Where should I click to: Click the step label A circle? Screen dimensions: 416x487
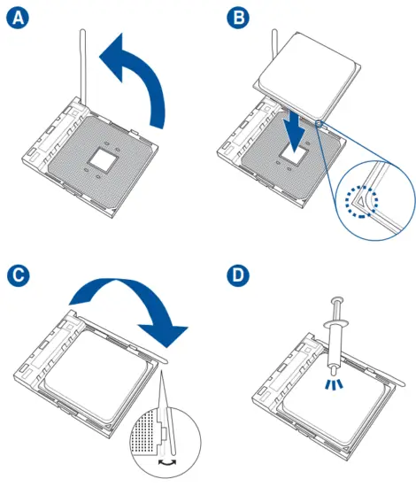point(18,18)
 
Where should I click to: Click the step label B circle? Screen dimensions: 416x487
point(238,18)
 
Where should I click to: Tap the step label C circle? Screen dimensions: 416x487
point(19,275)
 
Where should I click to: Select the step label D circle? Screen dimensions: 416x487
point(238,275)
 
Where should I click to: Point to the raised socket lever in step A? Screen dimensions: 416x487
point(83,66)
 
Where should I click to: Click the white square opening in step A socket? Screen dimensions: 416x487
point(102,158)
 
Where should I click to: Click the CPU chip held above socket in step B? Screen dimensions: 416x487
point(307,77)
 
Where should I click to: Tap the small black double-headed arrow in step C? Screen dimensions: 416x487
point(167,462)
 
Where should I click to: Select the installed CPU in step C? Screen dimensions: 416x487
point(96,375)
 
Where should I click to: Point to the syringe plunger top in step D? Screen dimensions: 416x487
point(337,300)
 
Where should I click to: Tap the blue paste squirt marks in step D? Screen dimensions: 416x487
point(334,384)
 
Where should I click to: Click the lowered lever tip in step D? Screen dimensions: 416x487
point(402,383)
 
